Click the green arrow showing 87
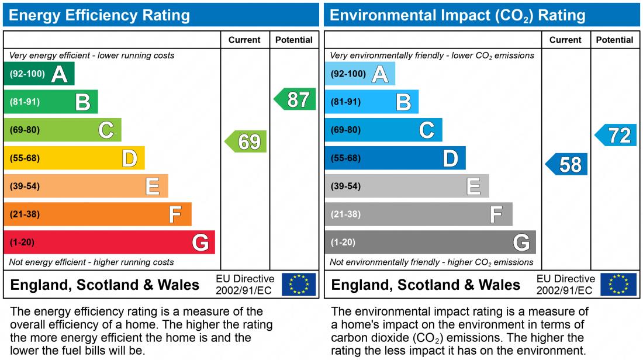point(296,99)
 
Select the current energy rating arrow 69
point(247,141)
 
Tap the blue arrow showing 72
point(617,136)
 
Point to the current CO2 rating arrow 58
point(567,164)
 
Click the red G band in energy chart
point(109,242)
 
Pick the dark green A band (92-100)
point(39,74)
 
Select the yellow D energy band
point(74,158)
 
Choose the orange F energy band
point(97,214)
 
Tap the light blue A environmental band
point(359,74)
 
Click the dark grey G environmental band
point(430,242)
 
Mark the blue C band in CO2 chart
point(383,130)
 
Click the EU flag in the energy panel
point(299,285)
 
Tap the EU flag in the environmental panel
point(619,285)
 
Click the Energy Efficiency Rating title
point(99,15)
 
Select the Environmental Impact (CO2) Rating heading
point(458,15)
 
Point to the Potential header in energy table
point(293,40)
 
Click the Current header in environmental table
point(565,40)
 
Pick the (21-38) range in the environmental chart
point(345,214)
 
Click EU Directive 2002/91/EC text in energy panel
point(245,285)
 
